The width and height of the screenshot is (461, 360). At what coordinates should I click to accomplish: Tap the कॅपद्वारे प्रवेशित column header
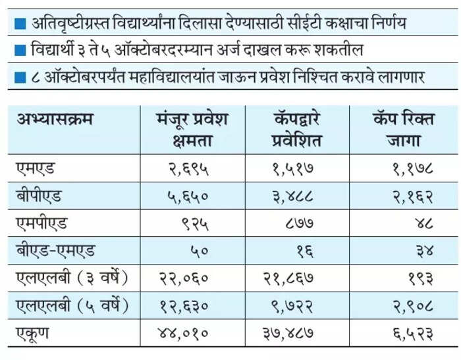[296, 129]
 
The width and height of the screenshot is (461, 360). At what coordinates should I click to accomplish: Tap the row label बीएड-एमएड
[56, 251]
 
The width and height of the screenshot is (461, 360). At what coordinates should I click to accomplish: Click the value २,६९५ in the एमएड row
[188, 169]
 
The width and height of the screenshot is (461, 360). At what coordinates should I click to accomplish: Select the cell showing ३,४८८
[292, 197]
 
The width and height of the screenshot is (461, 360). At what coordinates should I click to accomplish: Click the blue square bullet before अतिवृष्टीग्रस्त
[20, 24]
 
